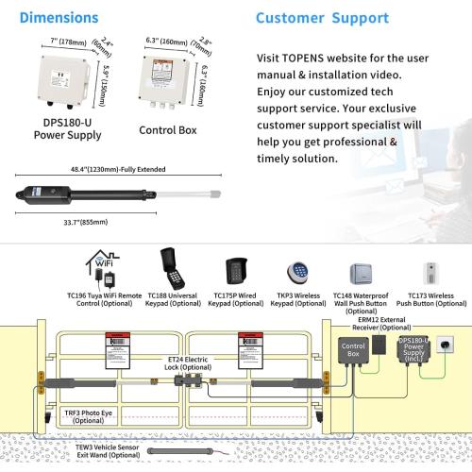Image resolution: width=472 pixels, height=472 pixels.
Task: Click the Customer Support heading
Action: coord(322,18)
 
